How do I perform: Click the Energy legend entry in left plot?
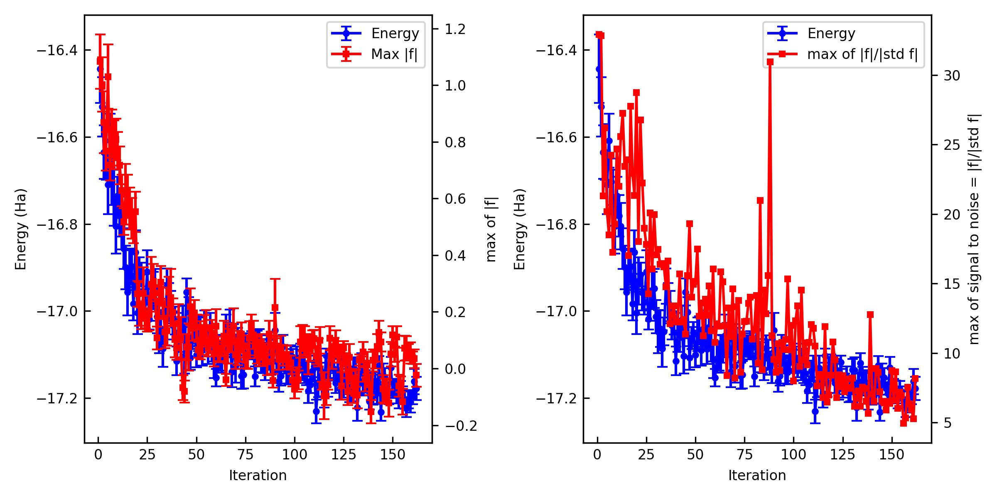click(395, 33)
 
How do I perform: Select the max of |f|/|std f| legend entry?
click(862, 54)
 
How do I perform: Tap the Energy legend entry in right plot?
click(831, 33)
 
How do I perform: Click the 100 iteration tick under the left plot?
click(295, 455)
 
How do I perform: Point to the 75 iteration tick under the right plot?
click(744, 455)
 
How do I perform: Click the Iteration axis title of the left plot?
click(258, 476)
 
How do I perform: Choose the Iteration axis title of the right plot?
click(757, 476)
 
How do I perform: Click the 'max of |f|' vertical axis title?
click(491, 229)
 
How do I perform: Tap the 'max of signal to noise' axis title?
click(974, 229)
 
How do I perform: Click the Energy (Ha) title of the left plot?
click(21, 229)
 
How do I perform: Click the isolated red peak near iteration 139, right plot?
click(870, 315)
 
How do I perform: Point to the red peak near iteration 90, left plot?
click(275, 307)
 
